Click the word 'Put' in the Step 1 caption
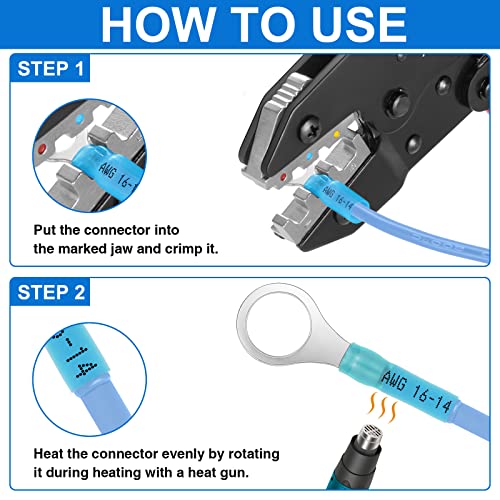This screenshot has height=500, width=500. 46,228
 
